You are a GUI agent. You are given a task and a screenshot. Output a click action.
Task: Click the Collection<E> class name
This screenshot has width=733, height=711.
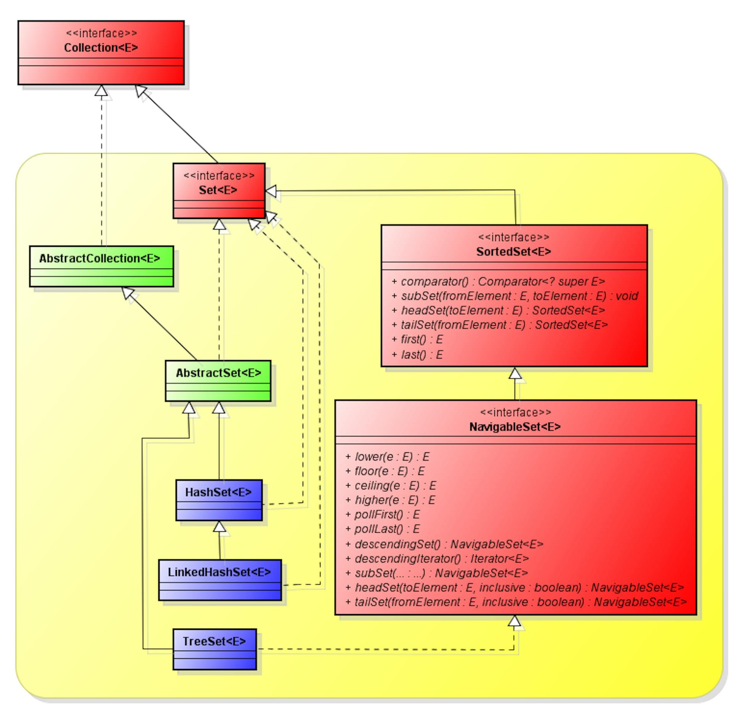(x=101, y=48)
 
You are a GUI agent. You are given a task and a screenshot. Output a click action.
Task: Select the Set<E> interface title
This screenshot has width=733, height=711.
(x=218, y=190)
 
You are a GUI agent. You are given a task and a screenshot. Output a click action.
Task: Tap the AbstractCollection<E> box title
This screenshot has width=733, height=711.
(x=100, y=258)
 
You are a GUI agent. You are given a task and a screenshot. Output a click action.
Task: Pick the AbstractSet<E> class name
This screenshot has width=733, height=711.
(x=218, y=373)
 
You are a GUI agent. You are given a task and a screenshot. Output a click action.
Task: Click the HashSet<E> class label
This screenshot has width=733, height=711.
(x=218, y=492)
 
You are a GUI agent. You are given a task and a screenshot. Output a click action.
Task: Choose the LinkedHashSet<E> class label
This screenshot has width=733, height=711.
(x=220, y=572)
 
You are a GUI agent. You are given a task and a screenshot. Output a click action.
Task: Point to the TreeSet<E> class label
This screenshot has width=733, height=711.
(x=214, y=641)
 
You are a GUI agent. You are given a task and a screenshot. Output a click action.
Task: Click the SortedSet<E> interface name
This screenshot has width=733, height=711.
(x=513, y=251)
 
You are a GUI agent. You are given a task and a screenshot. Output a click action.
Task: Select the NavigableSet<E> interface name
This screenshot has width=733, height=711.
(x=515, y=426)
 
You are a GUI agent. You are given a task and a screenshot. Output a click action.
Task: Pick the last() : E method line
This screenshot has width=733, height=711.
(x=417, y=355)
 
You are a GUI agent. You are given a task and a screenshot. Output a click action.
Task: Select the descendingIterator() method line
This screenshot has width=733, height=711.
(x=437, y=558)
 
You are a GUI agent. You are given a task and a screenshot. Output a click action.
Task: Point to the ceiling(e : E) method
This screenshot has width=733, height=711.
(x=390, y=485)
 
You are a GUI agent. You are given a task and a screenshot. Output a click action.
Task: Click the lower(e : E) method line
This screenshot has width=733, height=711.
(x=387, y=457)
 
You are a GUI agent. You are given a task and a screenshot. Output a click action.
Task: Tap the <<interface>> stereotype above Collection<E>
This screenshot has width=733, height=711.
(x=101, y=33)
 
